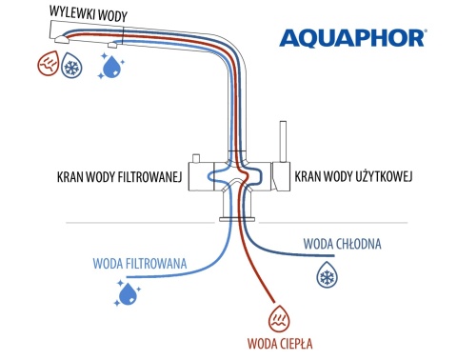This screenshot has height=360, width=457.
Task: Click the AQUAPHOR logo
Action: click(351, 38)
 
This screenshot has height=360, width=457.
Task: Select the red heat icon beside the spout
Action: click(49, 67)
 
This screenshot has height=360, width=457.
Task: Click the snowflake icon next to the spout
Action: click(73, 69)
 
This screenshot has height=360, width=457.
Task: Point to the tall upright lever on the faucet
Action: click(283, 143)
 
